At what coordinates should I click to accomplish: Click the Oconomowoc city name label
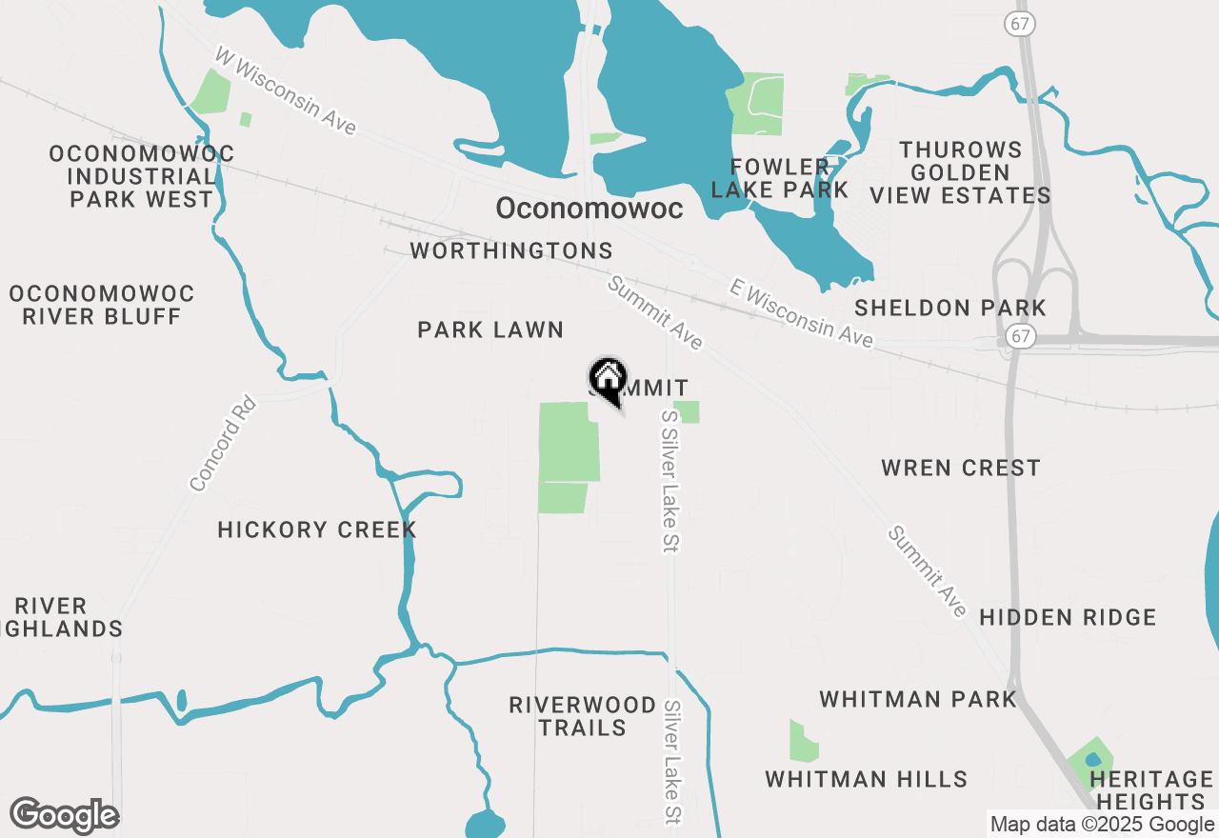point(590,209)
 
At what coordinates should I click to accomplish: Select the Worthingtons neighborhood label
point(511,251)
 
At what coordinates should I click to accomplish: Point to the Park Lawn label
point(490,330)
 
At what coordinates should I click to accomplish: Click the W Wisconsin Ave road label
point(285,90)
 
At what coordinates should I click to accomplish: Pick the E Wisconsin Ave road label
point(801,313)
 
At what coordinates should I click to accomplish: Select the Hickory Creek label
point(317,530)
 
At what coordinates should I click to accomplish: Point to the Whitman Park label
point(918,700)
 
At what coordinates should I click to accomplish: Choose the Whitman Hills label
point(867,780)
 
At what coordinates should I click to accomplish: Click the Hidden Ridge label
point(1068,618)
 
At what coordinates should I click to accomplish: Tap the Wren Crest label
point(961,469)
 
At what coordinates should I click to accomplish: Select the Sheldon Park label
point(950,309)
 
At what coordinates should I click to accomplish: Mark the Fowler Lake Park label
point(779,178)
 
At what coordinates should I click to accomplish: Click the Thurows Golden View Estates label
point(960,173)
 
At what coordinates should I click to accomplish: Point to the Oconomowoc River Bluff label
point(102,305)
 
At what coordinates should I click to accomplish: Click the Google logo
point(64,816)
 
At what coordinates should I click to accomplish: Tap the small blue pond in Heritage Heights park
point(1092,760)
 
